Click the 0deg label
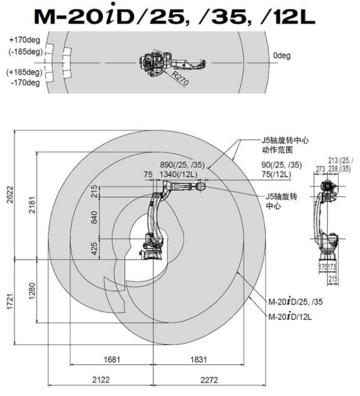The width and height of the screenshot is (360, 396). (282, 56)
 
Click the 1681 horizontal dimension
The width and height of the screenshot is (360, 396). (112, 359)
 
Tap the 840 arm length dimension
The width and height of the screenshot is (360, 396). (94, 218)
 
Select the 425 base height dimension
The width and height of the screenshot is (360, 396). (94, 249)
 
